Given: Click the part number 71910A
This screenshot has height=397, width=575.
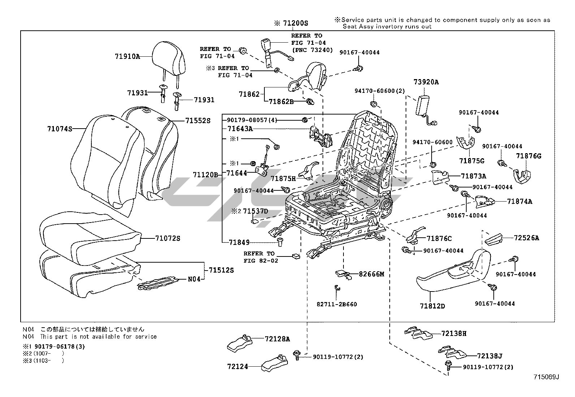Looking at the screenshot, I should [x=127, y=56].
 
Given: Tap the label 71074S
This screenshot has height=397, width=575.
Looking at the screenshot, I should [x=60, y=129].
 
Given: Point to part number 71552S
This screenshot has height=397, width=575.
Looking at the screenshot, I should [x=198, y=121].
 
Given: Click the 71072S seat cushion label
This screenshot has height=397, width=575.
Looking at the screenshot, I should [x=168, y=238].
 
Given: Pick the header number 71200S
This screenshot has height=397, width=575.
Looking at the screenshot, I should [x=295, y=23].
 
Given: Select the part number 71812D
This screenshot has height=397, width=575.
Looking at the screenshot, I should [x=432, y=306].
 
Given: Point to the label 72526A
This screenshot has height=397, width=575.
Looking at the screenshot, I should [x=526, y=238].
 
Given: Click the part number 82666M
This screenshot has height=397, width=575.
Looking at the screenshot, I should [x=371, y=274].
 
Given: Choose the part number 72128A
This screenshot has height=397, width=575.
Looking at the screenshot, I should [x=277, y=339].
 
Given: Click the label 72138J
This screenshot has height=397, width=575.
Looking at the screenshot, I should [x=489, y=356].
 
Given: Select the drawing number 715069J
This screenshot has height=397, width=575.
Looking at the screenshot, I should [x=546, y=377].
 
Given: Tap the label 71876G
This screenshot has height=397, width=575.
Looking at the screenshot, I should [x=528, y=156].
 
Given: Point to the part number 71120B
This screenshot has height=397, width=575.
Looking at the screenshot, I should [x=205, y=175].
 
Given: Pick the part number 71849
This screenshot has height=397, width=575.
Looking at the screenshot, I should [x=239, y=242].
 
